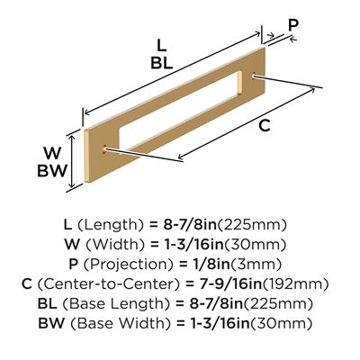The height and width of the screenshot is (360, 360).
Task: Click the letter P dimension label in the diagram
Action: coord(293,25)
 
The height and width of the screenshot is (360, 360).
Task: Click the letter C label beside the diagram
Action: coord(265,125)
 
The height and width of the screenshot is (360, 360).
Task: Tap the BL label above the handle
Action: coord(162,63)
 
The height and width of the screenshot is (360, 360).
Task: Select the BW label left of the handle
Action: coord(51,171)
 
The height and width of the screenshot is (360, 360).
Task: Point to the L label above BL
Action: coord(161,46)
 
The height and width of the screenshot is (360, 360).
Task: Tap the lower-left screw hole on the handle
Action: coord(105,148)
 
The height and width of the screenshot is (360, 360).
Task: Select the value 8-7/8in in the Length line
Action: coord(190,225)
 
